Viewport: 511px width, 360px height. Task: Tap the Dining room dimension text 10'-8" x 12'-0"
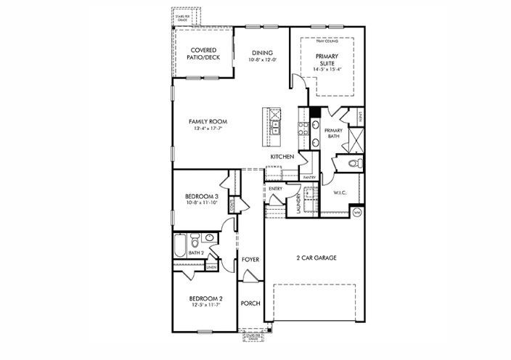262,60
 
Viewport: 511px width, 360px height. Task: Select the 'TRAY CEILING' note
325,41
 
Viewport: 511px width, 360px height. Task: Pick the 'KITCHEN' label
282,157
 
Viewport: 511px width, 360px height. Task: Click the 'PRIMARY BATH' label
333,133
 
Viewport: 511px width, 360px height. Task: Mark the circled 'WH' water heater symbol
356,213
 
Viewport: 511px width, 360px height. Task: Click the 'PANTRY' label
308,176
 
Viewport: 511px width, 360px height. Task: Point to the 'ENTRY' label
275,189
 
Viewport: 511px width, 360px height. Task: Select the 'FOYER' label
250,259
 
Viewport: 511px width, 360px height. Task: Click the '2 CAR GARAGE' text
316,258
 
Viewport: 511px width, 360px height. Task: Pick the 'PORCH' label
250,303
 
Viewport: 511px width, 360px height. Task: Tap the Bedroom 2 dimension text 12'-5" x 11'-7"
205,306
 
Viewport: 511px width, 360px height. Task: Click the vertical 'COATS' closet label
232,206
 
